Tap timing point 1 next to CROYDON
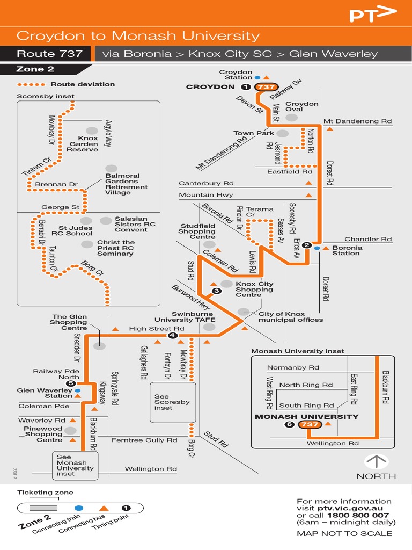246,87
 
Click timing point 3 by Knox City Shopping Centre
216,291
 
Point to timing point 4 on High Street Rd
172,336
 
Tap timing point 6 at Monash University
290,425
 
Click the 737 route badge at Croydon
266,87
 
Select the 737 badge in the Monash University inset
311,425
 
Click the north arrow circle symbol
376,462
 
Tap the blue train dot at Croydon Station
257,77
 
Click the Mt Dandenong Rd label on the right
358,121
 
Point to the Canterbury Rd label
207,184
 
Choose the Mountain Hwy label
206,195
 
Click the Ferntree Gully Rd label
144,440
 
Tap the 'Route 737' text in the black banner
49,54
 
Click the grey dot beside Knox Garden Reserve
92,131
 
